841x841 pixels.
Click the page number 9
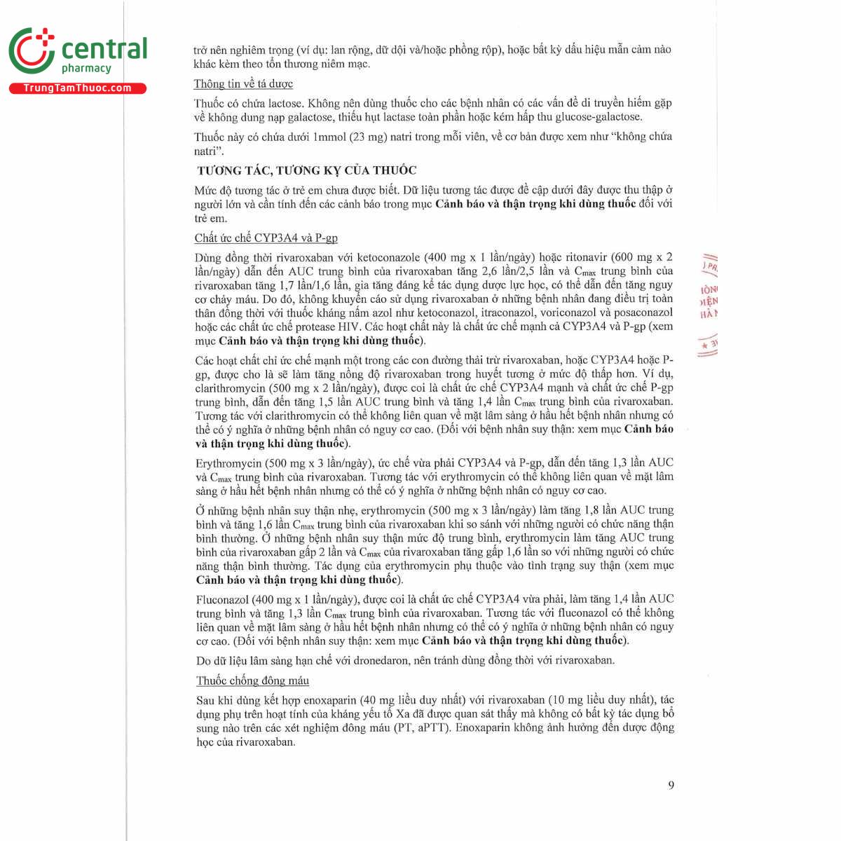[x=671, y=785]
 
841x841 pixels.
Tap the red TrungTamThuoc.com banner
[x=77, y=88]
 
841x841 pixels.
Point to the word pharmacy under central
[x=86, y=69]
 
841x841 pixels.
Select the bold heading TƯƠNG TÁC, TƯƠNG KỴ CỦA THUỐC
[x=306, y=170]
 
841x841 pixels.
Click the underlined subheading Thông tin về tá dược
[x=243, y=83]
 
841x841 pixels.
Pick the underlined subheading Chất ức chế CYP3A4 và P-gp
[x=266, y=238]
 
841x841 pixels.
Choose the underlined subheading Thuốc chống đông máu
[x=252, y=681]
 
